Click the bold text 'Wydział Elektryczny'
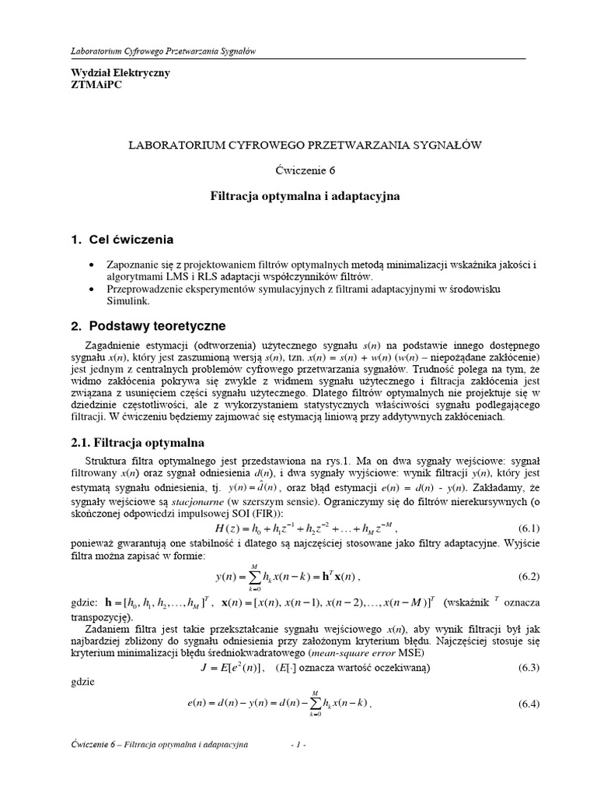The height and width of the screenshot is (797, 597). point(110,72)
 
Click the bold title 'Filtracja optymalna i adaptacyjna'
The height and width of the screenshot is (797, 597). point(305,197)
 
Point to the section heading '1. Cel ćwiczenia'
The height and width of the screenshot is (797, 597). point(122,239)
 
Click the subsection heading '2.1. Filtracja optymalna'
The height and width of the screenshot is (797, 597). point(132,442)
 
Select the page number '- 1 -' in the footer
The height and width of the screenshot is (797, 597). point(298,745)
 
